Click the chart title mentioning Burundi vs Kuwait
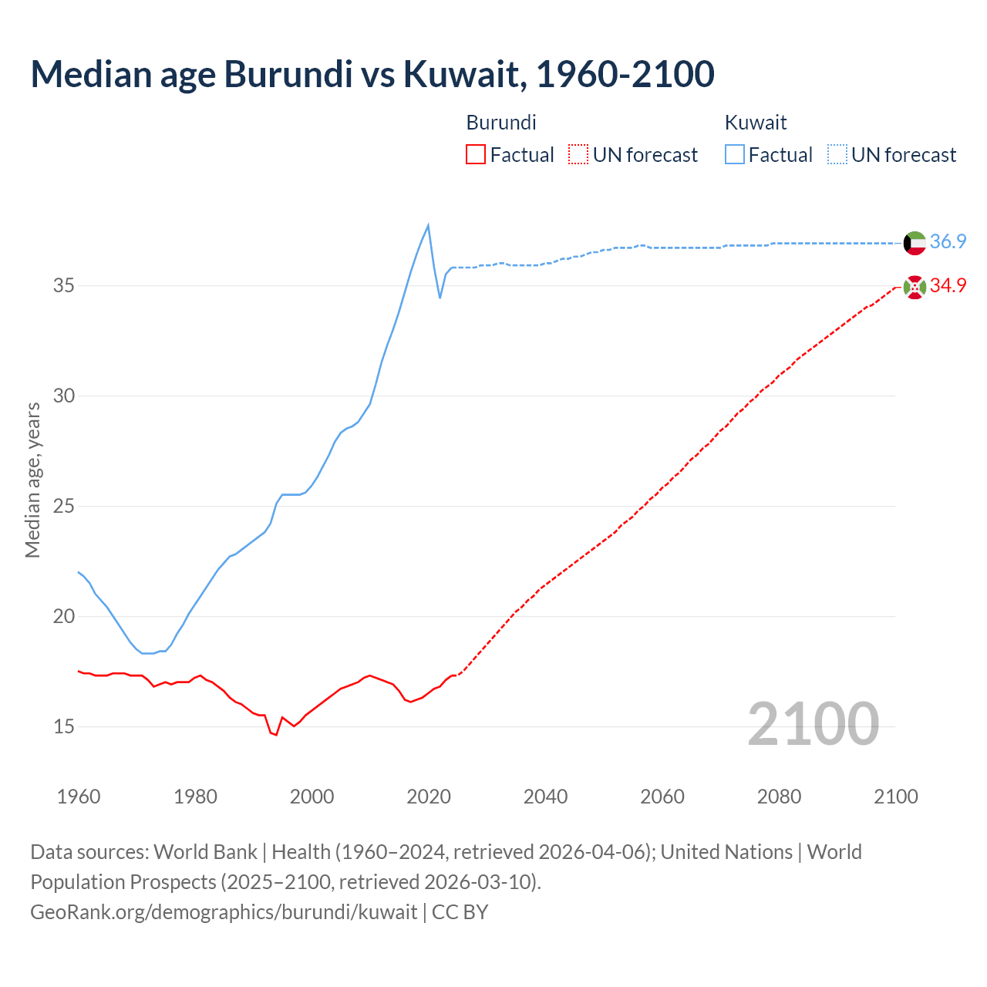(x=372, y=74)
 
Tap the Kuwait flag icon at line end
(x=915, y=243)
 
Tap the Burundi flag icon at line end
(x=915, y=288)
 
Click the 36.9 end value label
(x=948, y=241)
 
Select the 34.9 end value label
(x=948, y=285)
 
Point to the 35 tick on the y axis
(x=64, y=286)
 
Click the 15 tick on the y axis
(x=64, y=726)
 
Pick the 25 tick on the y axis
(x=64, y=507)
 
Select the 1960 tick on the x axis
(x=79, y=797)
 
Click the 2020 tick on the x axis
(x=429, y=797)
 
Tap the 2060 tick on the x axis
(x=662, y=797)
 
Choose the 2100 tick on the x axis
(x=896, y=797)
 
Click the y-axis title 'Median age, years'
(x=32, y=480)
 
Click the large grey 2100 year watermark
(x=813, y=723)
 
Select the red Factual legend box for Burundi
(x=476, y=155)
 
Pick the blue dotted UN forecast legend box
(x=837, y=155)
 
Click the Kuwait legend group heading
(x=756, y=123)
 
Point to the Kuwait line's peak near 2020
(x=428, y=225)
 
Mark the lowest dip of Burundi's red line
(x=275, y=735)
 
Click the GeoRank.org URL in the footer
(x=224, y=911)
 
